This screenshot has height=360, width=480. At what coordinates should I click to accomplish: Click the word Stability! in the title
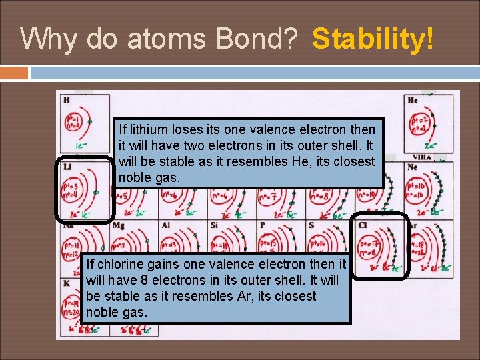[x=373, y=39]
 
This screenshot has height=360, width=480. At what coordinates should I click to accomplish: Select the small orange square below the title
[x=14, y=72]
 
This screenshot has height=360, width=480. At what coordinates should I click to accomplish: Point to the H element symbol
[x=66, y=100]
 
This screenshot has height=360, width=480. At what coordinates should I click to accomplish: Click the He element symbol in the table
[x=413, y=100]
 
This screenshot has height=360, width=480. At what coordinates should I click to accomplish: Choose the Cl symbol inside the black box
[x=363, y=225]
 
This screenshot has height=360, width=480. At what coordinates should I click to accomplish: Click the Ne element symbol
[x=413, y=167]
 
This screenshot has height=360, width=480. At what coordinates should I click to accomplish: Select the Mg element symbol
[x=119, y=226]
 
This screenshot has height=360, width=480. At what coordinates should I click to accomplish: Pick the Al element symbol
[x=165, y=226]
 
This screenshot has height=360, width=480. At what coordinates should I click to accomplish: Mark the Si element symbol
[x=214, y=226]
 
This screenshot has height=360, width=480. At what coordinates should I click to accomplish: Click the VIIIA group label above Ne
[x=422, y=158]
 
